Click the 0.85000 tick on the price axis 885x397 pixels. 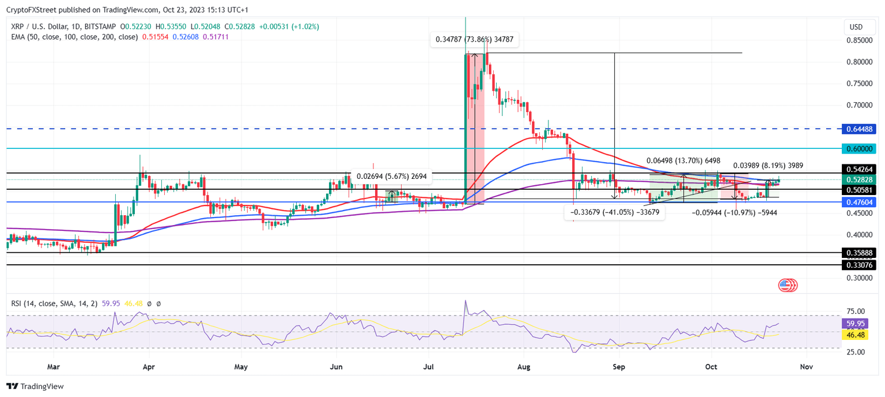pos(858,40)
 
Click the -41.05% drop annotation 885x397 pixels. pos(615,212)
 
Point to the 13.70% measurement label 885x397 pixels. pos(683,160)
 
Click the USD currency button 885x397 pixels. pos(856,27)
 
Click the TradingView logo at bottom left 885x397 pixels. pos(35,386)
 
